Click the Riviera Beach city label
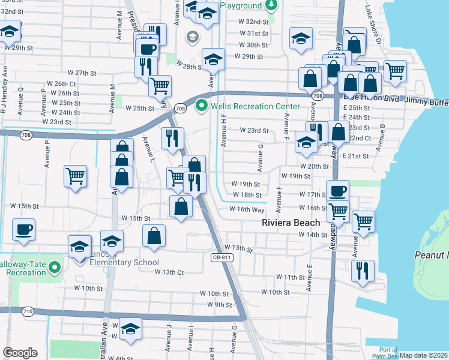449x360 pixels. tap(291, 223)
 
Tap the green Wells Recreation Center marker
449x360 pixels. tap(202, 107)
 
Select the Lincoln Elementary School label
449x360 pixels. tap(124, 262)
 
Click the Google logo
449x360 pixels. tap(20, 353)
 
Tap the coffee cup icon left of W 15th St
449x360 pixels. tap(24, 230)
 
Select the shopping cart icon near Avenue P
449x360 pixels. tap(76, 177)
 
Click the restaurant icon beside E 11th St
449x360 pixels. tap(363, 271)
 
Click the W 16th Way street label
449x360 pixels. tap(247, 209)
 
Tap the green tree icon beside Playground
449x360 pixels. tap(271, 5)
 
